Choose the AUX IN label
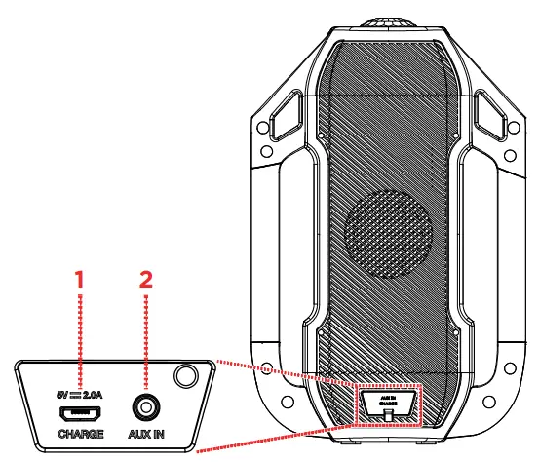coord(145,433)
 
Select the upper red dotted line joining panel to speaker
coord(283,370)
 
